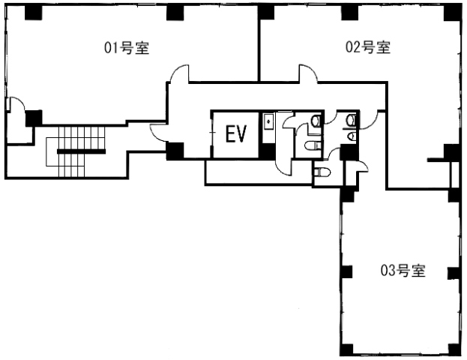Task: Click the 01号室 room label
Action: [127, 48]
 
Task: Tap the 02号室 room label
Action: [368, 47]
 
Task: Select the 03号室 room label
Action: [403, 271]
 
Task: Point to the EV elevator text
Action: [236, 134]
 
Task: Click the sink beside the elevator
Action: [268, 121]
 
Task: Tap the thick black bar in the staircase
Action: [81, 151]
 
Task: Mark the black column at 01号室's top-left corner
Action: [33, 13]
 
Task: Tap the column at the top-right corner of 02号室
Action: [453, 13]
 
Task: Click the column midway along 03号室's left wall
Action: [346, 271]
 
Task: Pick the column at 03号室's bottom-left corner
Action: [346, 349]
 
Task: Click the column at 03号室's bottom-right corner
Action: [455, 349]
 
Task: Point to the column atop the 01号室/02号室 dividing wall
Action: [266, 13]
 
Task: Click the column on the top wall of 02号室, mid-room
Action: [349, 13]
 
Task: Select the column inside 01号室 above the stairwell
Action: [34, 118]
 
